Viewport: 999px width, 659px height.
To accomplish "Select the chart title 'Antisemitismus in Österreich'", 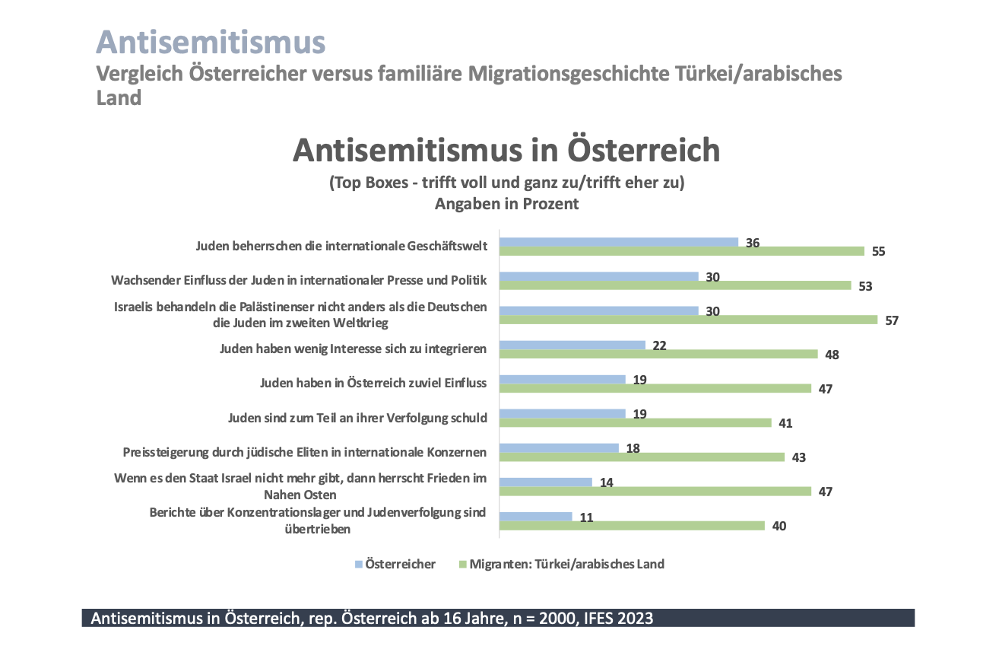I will click(x=506, y=150).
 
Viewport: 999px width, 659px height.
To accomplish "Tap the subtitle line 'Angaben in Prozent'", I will click(x=506, y=204).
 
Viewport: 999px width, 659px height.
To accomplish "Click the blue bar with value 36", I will click(x=618, y=242).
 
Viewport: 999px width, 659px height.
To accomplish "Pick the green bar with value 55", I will click(x=681, y=251).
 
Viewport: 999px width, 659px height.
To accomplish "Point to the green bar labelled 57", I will click(x=688, y=320).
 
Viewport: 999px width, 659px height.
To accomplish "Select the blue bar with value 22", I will click(x=572, y=345).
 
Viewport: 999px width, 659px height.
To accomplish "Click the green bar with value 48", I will click(x=658, y=354).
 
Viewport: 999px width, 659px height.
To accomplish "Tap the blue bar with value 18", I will click(x=559, y=448).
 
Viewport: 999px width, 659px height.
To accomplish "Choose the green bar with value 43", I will click(x=642, y=457).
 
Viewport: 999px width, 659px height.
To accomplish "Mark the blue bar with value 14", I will click(x=545, y=482).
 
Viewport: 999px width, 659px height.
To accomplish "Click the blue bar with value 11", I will click(x=535, y=517).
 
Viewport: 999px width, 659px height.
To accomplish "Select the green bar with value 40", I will click(x=632, y=525).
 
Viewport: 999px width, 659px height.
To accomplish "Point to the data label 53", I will click(x=864, y=286).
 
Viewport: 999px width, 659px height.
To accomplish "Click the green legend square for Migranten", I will click(x=463, y=565).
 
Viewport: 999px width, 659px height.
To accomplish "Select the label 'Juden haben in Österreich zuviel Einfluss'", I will click(x=373, y=384).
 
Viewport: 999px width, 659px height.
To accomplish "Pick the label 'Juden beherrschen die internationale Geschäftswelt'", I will click(x=341, y=246).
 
